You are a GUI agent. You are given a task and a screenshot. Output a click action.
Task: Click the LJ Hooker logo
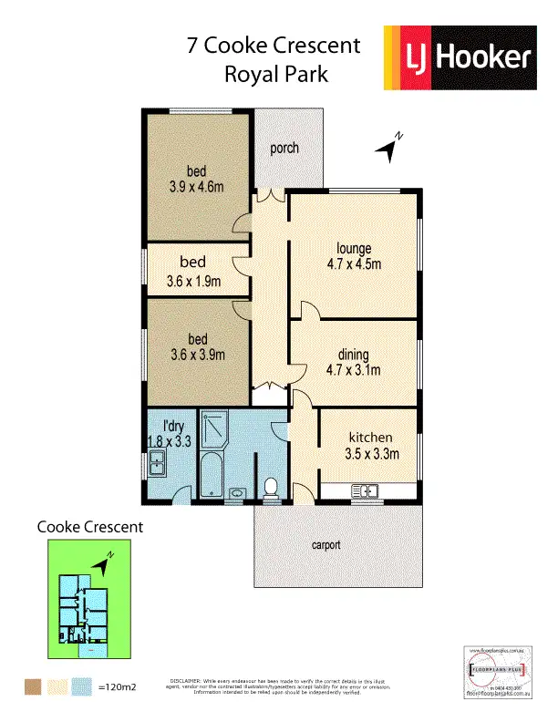click(x=457, y=59)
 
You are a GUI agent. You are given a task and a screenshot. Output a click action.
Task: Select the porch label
click(x=284, y=148)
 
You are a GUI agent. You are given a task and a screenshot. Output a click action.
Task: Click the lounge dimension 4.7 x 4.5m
click(x=352, y=264)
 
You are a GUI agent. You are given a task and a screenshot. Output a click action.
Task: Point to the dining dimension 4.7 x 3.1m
click(x=352, y=369)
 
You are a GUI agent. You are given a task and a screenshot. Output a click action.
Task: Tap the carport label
click(x=325, y=545)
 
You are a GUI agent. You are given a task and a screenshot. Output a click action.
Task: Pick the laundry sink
click(x=157, y=468)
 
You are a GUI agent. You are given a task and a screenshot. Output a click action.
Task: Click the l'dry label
click(x=161, y=426)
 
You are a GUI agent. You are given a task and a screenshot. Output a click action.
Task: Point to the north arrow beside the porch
click(x=392, y=149)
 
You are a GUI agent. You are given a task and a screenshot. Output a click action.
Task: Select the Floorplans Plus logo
click(x=496, y=673)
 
